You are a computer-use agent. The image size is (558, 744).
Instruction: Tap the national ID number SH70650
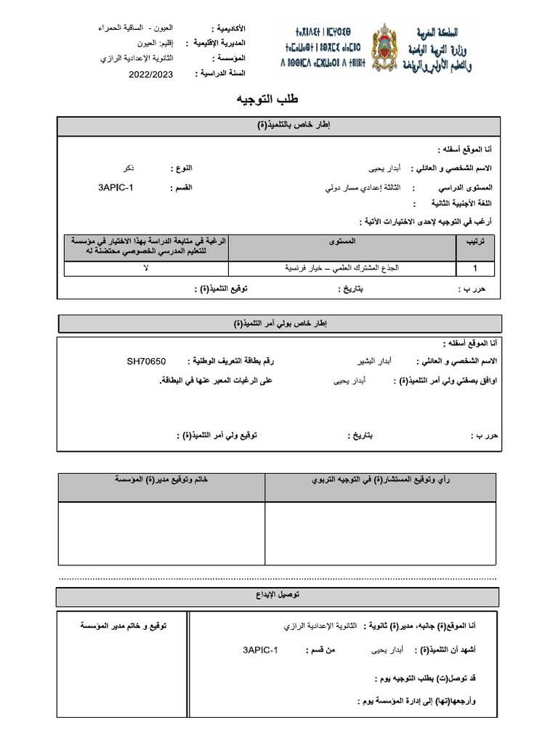pos(147,360)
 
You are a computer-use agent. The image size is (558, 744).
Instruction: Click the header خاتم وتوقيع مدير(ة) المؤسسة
pos(161,481)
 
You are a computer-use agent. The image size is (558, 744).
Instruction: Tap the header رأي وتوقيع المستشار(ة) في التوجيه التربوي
pos(380,481)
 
